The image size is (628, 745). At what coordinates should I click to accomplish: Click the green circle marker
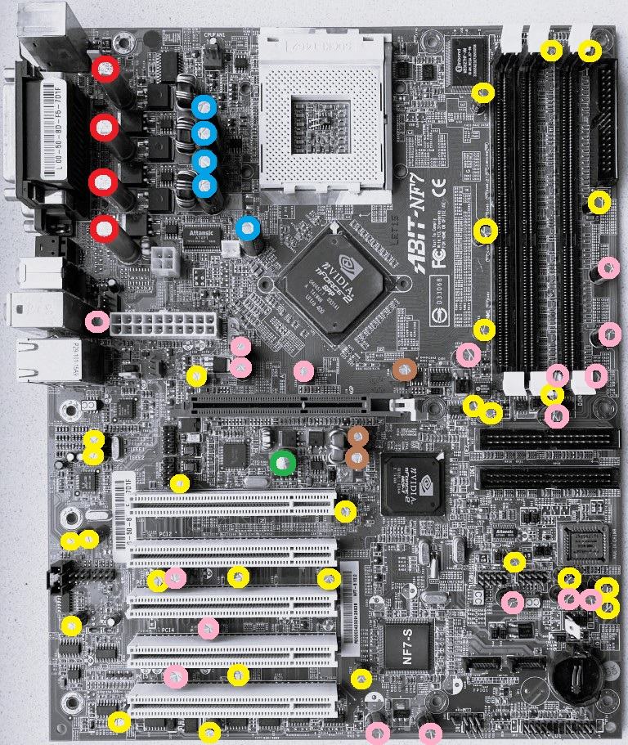[282, 463]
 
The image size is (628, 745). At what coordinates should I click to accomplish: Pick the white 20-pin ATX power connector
[164, 322]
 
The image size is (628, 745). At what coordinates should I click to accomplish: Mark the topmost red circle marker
[105, 70]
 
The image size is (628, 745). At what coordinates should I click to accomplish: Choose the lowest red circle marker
[105, 229]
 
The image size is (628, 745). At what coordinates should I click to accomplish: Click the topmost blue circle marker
[204, 107]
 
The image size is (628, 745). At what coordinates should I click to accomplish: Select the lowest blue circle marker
[249, 227]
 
